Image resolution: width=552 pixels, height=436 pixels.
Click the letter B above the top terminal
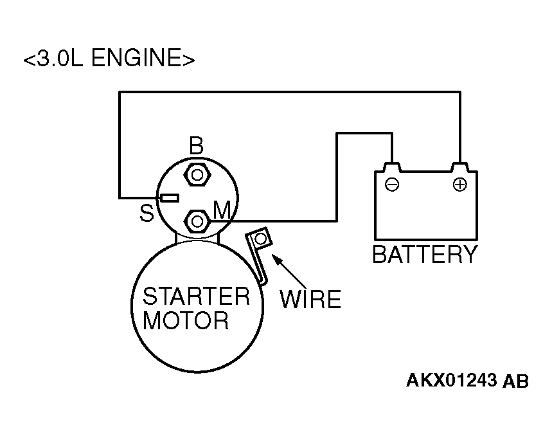(x=196, y=145)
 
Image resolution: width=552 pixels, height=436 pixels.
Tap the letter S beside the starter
(x=147, y=213)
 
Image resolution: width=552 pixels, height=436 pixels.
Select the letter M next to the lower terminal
(x=222, y=210)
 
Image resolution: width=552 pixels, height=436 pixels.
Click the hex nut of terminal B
(x=197, y=175)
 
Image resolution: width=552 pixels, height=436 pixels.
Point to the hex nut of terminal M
(x=197, y=221)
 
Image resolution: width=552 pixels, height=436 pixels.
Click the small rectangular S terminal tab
(x=170, y=198)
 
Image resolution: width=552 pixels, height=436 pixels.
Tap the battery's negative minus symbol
(x=392, y=184)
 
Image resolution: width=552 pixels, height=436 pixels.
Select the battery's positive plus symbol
(x=459, y=184)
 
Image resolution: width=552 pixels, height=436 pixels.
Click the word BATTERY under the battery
(x=425, y=254)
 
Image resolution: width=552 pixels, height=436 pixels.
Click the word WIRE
(x=310, y=300)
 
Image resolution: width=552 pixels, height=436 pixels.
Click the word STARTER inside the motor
(x=196, y=296)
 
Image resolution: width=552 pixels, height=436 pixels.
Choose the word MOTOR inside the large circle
(x=186, y=320)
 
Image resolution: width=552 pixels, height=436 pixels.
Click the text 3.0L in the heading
(x=60, y=58)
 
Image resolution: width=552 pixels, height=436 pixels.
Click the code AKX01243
(x=451, y=380)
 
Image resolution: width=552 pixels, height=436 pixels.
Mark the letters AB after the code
(x=516, y=381)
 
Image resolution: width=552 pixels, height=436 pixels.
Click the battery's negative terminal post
(x=392, y=167)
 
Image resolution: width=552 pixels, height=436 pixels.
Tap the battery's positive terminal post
(x=459, y=167)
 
